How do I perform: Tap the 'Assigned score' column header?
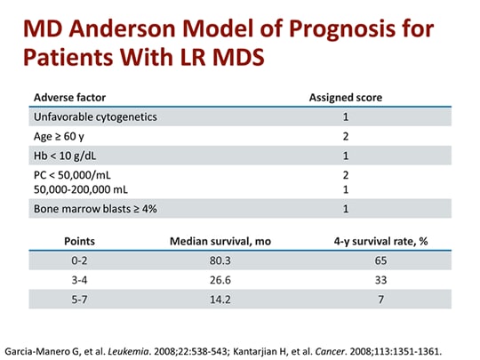345,96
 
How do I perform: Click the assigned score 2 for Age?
345,136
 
